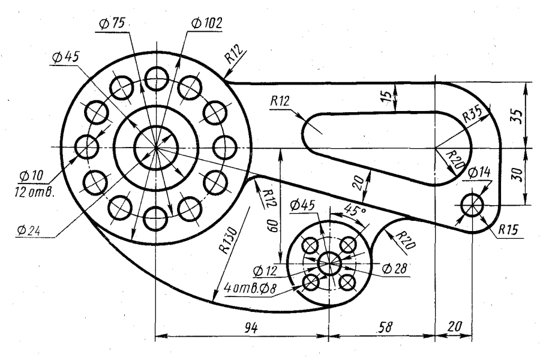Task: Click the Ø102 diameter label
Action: point(206,23)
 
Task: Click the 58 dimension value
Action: point(385,327)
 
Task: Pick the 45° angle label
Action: point(355,209)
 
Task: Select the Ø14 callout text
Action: point(479,172)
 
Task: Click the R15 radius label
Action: point(508,230)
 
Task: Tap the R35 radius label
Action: point(473,114)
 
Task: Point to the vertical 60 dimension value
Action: point(272,226)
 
